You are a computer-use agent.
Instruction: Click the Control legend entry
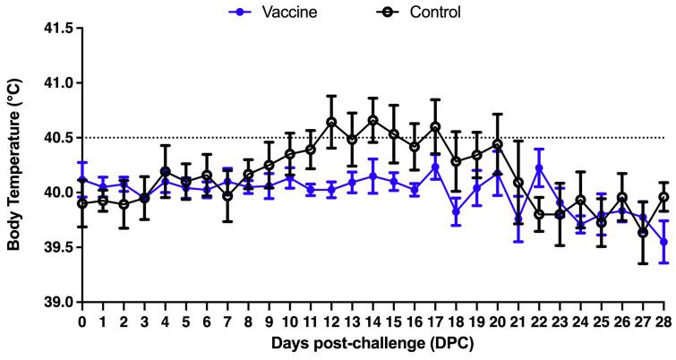415,13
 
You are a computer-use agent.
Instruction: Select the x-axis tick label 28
663,319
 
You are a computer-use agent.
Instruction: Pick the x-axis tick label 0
82,319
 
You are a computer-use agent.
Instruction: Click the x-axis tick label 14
372,319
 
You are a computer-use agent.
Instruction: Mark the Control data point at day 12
331,122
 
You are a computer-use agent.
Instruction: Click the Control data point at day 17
435,127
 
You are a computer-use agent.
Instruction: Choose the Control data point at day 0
82,203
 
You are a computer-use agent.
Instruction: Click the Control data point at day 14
372,120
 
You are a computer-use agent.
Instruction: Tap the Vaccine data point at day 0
82,179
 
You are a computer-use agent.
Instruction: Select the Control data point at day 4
166,171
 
